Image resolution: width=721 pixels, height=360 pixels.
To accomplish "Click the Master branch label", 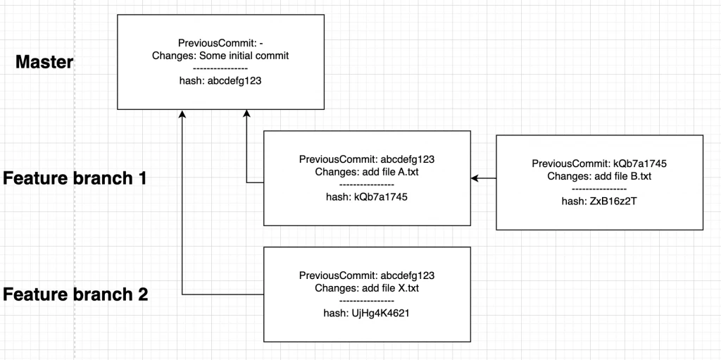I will [x=44, y=62].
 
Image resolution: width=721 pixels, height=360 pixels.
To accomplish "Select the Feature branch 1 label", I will [x=75, y=178].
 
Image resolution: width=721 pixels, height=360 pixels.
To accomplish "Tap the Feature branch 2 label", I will [x=75, y=294].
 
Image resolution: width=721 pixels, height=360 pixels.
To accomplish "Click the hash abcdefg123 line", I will [x=221, y=81].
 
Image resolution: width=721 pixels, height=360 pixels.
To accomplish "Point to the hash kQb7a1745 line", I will [x=367, y=197].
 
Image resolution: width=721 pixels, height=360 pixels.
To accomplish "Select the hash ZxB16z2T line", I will [x=598, y=201].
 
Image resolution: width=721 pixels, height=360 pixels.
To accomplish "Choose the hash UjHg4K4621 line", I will [x=367, y=314].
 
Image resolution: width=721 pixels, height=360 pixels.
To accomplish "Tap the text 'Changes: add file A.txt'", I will [x=367, y=172].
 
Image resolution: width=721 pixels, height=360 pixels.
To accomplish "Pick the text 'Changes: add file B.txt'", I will [x=599, y=176].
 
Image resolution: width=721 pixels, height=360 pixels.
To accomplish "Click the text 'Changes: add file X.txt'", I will [x=367, y=288].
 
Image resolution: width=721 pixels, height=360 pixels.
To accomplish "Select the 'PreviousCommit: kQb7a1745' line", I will [x=599, y=163].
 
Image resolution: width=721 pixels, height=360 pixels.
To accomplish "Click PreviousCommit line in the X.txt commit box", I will [x=367, y=275].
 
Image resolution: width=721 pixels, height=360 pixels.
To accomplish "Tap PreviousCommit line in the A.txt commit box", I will [x=367, y=159].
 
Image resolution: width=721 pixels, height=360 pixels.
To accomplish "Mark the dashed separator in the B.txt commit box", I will [x=599, y=189].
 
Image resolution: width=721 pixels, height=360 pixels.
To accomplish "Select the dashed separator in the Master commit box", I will [x=221, y=69].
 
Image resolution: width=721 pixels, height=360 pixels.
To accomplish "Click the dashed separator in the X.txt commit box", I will [x=367, y=301].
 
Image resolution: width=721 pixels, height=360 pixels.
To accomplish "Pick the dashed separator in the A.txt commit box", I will [x=367, y=185].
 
